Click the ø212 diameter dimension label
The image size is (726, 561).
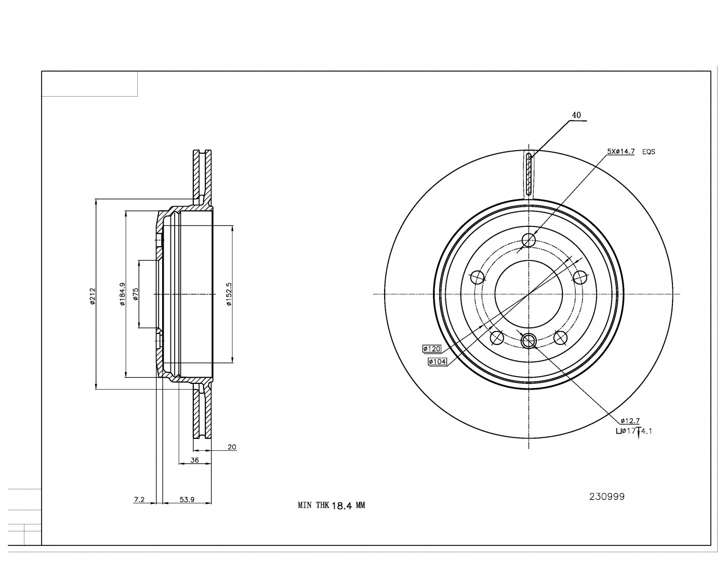pyautogui.click(x=92, y=297)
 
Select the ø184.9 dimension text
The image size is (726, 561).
pyautogui.click(x=122, y=294)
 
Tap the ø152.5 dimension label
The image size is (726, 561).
pyautogui.click(x=229, y=295)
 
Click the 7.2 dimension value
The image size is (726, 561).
pyautogui.click(x=139, y=500)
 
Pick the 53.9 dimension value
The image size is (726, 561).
pyautogui.click(x=187, y=500)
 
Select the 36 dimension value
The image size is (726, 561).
pyautogui.click(x=194, y=460)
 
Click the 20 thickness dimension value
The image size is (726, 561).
pyautogui.click(x=232, y=447)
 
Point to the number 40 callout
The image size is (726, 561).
pyautogui.click(x=576, y=115)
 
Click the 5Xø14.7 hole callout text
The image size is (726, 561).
pyautogui.click(x=621, y=152)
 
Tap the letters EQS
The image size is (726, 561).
pyautogui.click(x=649, y=152)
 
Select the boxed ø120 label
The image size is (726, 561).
pyautogui.click(x=432, y=349)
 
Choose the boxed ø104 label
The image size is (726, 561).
pyautogui.click(x=438, y=362)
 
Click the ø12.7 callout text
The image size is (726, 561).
pyautogui.click(x=629, y=421)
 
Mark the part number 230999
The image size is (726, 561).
pyautogui.click(x=606, y=497)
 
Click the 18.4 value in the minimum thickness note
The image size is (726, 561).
pyautogui.click(x=342, y=505)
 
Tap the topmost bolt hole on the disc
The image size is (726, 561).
pyautogui.click(x=529, y=240)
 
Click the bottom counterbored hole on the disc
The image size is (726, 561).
pyautogui.click(x=529, y=341)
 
